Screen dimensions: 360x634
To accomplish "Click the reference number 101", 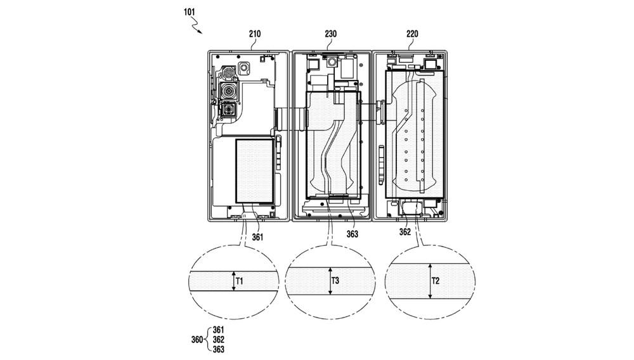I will click(x=190, y=11).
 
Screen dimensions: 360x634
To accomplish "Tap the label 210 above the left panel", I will click(x=255, y=34).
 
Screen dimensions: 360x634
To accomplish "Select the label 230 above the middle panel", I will click(x=330, y=34).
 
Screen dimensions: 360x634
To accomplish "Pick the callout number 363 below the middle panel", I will click(x=352, y=234).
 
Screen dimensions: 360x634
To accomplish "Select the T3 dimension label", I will click(x=336, y=280).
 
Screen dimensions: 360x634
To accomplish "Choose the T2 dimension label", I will click(x=436, y=280).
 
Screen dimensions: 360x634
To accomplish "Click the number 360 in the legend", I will click(x=197, y=340).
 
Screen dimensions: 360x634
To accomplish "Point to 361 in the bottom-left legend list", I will click(x=218, y=330).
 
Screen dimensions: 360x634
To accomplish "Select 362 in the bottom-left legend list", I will click(x=218, y=340).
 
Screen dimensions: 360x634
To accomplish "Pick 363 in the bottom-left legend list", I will click(x=218, y=349).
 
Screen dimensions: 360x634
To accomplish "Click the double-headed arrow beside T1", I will click(x=233, y=281).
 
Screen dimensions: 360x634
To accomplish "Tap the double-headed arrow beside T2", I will click(x=429, y=281).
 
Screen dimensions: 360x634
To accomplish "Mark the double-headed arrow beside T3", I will click(x=330, y=281).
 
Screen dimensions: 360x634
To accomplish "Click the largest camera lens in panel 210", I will click(x=228, y=92).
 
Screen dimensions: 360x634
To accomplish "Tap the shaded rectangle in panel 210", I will click(x=255, y=171).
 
